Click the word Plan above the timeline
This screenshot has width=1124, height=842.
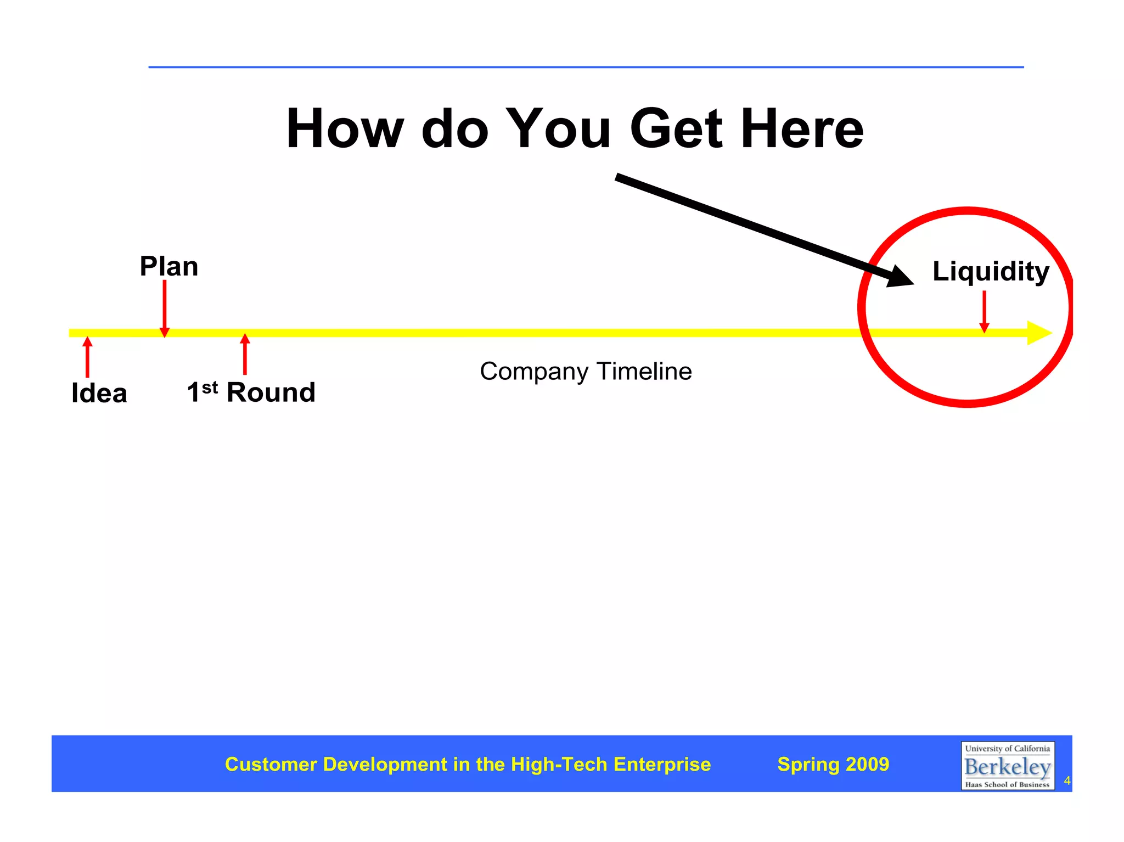click(168, 267)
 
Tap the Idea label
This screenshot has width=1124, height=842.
click(99, 393)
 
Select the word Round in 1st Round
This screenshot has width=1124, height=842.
click(271, 392)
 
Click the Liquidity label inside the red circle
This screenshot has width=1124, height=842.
click(990, 271)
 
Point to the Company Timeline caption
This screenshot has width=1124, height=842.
click(586, 372)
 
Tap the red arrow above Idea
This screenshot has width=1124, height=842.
click(87, 357)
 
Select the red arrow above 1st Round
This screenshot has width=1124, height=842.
click(245, 354)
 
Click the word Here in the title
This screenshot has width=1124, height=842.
click(802, 129)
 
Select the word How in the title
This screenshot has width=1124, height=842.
click(345, 129)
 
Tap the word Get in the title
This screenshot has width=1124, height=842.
click(676, 129)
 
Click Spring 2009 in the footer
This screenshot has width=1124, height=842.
click(833, 764)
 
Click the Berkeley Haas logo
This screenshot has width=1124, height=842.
click(1007, 766)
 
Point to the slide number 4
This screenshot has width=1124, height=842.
click(1067, 781)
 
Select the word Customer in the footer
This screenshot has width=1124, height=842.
click(271, 764)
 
